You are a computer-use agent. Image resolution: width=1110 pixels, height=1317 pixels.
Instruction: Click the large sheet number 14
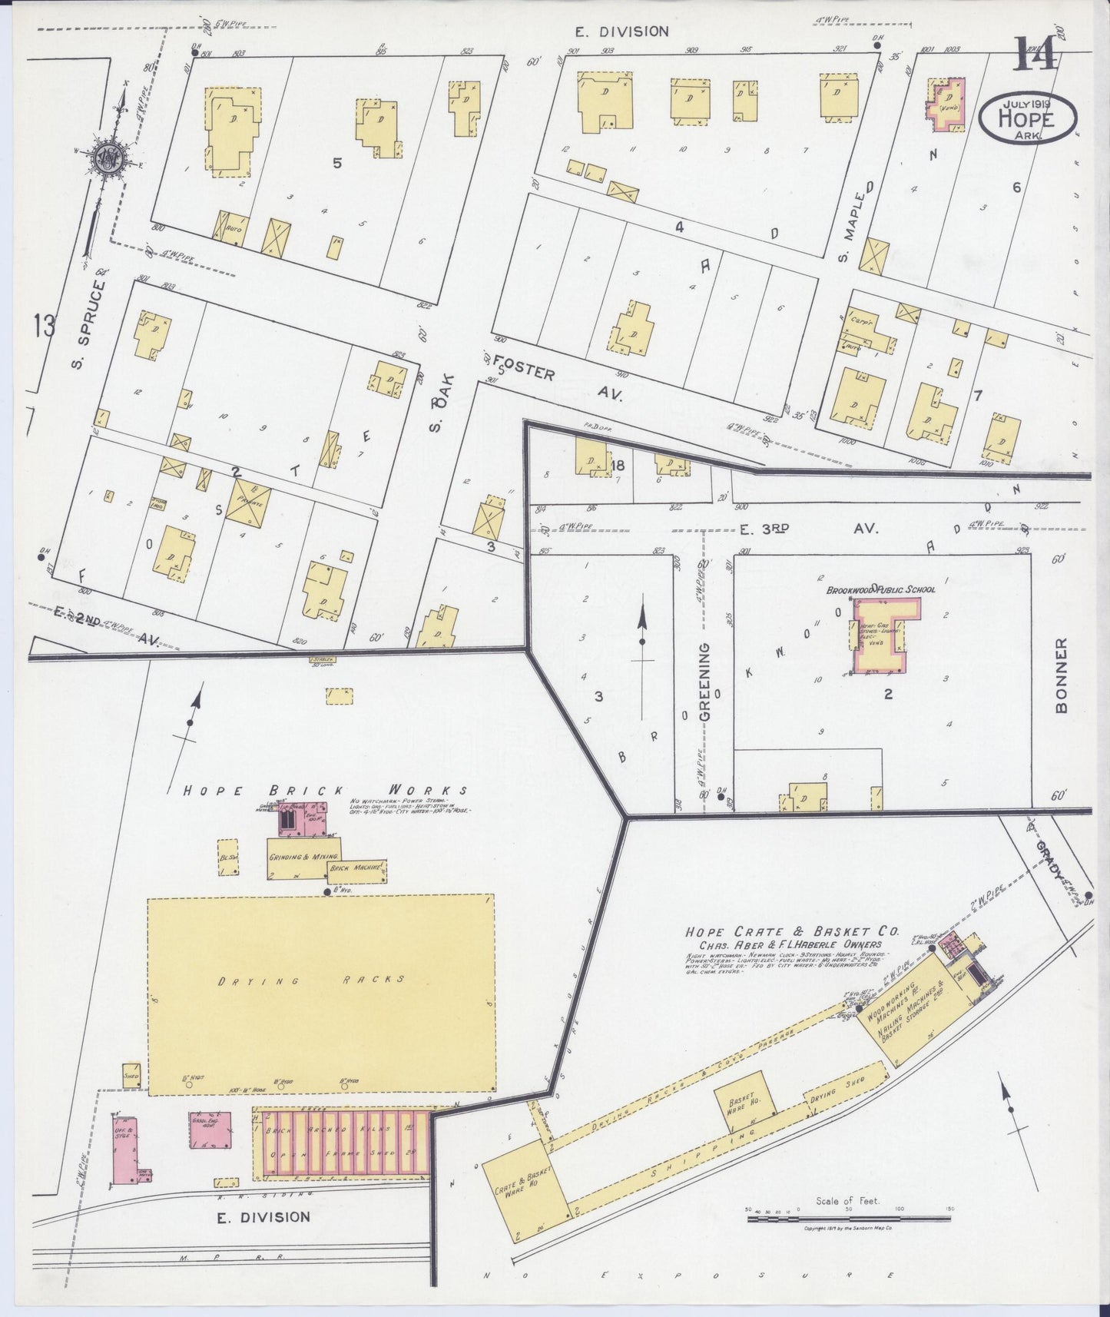click(1037, 55)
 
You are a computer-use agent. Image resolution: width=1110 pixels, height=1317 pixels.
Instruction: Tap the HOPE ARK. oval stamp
click(1028, 119)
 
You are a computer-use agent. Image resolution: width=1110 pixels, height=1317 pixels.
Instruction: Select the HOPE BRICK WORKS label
click(324, 790)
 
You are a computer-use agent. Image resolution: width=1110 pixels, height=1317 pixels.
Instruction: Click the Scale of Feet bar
click(848, 1219)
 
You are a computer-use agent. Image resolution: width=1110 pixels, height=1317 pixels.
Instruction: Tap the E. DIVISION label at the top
click(622, 32)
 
